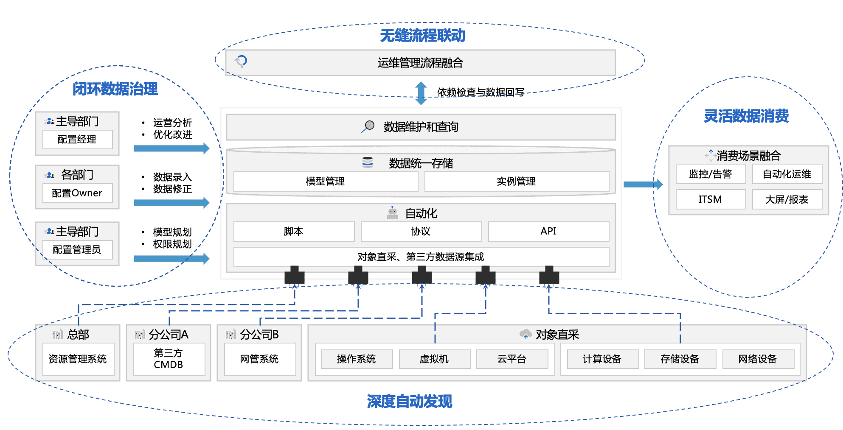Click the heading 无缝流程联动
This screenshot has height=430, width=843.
point(422,36)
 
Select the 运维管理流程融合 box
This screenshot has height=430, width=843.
point(420,63)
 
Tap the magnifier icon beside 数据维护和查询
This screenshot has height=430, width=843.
point(368,126)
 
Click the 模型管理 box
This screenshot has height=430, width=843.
point(326,181)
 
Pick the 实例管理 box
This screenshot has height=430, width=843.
point(516,181)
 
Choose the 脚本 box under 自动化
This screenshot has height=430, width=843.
point(294,232)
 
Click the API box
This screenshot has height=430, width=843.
point(548,232)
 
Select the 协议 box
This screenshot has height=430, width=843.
point(421,232)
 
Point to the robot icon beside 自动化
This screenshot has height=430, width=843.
point(393,213)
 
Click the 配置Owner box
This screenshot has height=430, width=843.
point(77,193)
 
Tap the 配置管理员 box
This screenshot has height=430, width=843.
point(77,250)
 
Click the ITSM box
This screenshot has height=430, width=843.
point(710,199)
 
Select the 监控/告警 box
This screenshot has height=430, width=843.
point(710,174)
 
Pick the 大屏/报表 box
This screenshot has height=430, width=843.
point(787,199)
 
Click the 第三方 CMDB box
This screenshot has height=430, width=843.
point(169,359)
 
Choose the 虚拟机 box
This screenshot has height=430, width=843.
point(434,359)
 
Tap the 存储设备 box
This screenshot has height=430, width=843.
point(680,359)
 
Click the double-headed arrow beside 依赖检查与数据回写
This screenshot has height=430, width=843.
point(421,93)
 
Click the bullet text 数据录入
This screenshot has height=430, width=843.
point(172,177)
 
